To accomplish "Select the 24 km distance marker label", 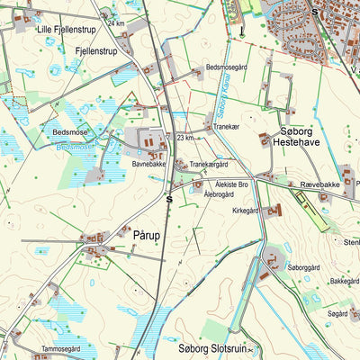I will click(x=116, y=22).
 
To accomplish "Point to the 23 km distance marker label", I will click(x=185, y=138).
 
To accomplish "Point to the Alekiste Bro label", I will click(x=236, y=183).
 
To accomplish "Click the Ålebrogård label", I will click(x=220, y=193).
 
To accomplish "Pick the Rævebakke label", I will click(x=320, y=184).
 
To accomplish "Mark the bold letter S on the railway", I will click(x=169, y=199).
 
